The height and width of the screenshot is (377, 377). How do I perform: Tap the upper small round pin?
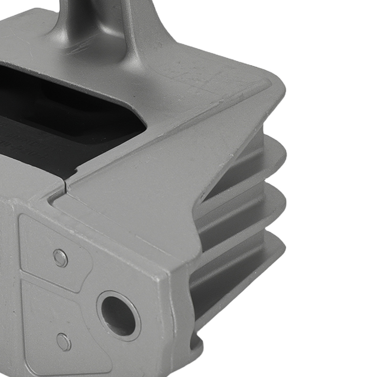[60, 258]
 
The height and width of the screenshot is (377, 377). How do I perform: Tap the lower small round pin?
[64, 342]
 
